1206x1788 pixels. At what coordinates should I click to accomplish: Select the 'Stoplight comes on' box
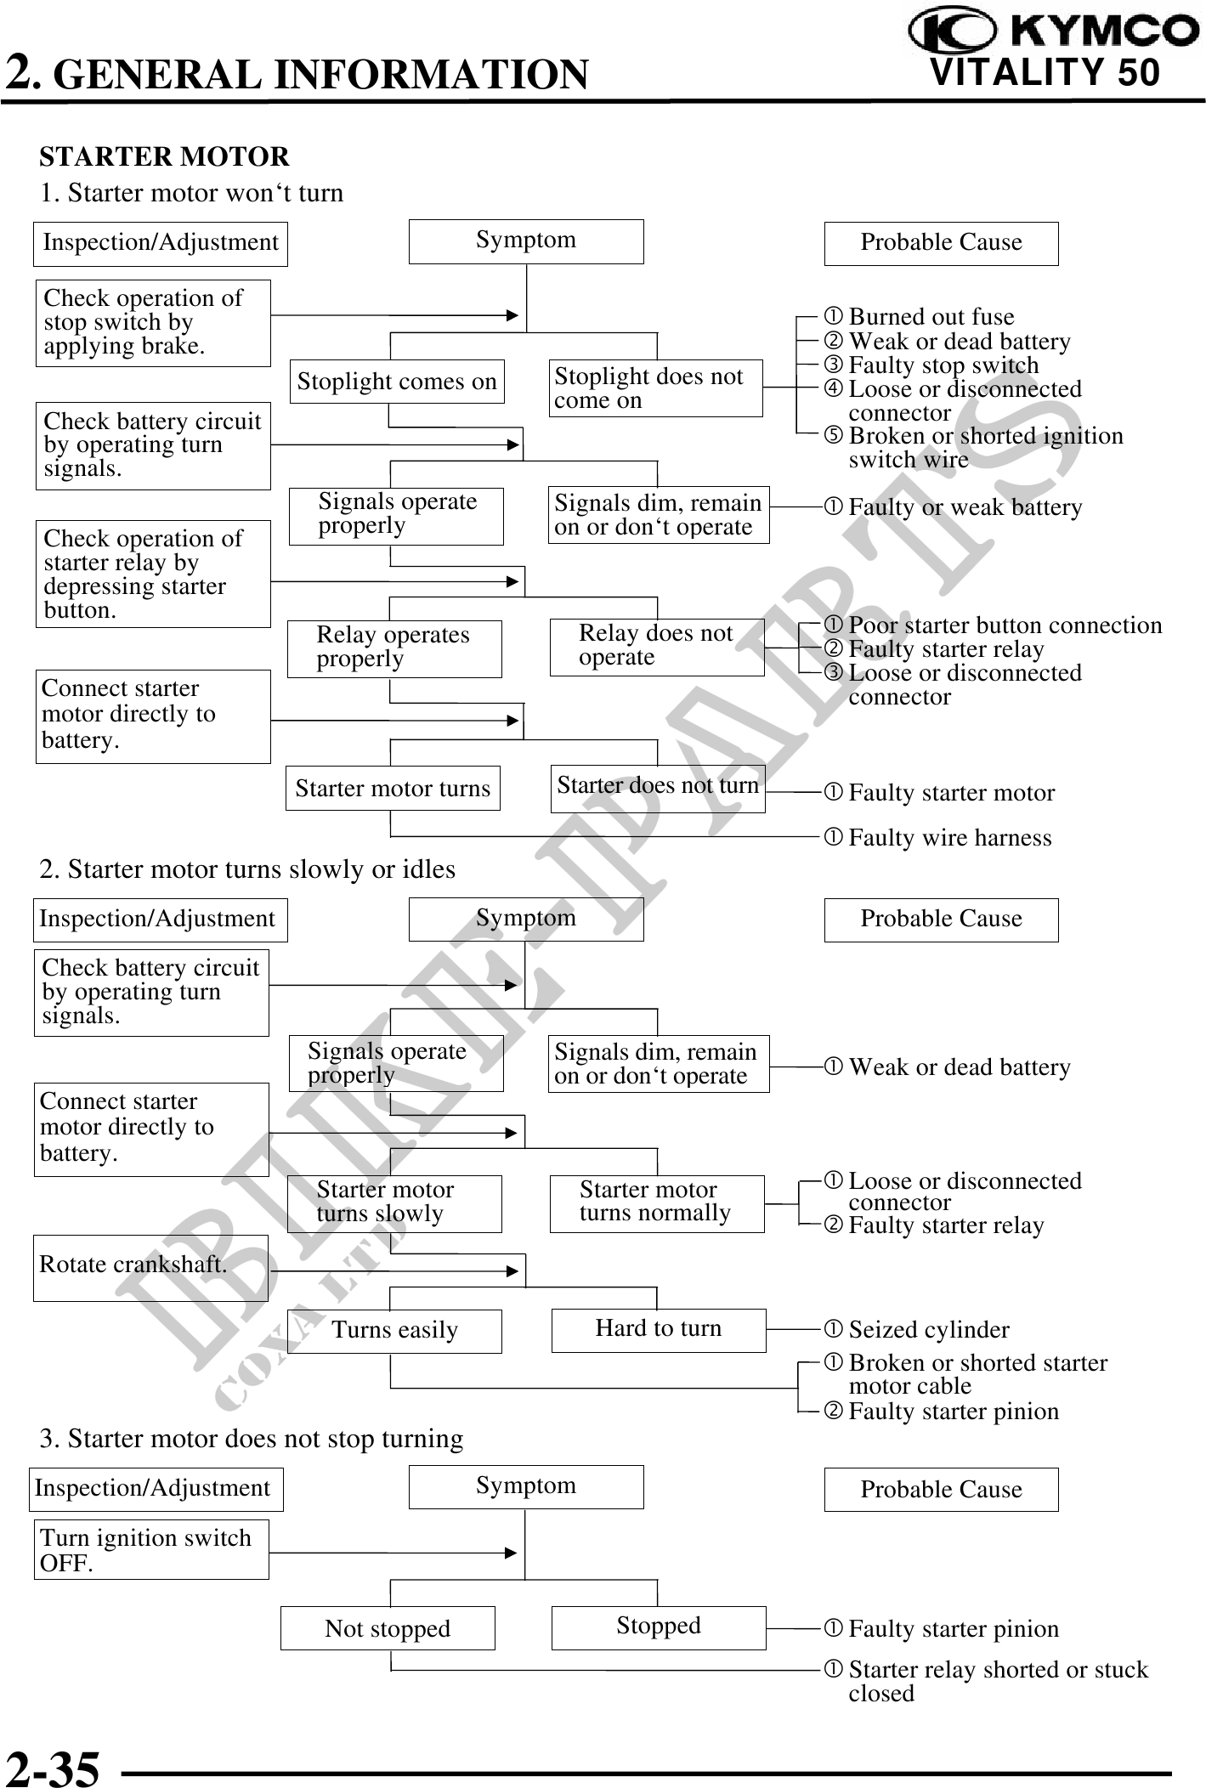tap(397, 382)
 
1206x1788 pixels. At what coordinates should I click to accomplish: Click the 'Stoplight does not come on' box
tap(655, 388)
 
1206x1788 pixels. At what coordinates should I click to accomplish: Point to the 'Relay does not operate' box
tap(656, 647)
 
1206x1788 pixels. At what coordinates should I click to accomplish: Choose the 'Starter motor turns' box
tap(393, 788)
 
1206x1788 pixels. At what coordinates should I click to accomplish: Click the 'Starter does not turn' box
tap(657, 787)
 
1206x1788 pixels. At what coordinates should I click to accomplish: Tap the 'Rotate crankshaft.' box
tap(150, 1267)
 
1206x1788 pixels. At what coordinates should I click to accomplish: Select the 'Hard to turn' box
tap(658, 1329)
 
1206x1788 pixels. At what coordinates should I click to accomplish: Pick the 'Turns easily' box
tap(394, 1330)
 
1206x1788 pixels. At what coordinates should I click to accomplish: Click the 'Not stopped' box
tap(388, 1627)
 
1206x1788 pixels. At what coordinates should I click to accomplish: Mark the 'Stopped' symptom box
tap(658, 1627)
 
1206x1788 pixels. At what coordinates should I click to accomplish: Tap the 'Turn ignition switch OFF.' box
tap(151, 1549)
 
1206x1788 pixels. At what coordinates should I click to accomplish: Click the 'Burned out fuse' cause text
tap(931, 317)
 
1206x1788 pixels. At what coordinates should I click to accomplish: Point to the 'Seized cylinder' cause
tap(928, 1330)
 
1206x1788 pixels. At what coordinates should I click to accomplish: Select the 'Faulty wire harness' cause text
tap(949, 838)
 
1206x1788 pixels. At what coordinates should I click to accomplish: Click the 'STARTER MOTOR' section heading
tap(165, 157)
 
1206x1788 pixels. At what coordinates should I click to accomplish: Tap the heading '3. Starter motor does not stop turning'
tap(252, 1439)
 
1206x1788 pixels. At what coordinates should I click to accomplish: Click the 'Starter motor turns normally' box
tap(656, 1202)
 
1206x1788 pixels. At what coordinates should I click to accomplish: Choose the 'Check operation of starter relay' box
tap(153, 574)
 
